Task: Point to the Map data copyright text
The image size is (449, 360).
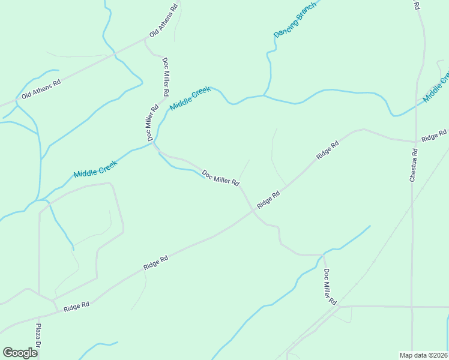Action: click(424, 355)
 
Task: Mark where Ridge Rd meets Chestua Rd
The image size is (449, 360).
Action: click(415, 142)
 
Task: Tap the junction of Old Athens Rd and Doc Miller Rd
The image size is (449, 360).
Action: click(146, 40)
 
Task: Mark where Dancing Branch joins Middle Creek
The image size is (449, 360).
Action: click(264, 95)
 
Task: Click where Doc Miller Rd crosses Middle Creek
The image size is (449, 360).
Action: click(154, 143)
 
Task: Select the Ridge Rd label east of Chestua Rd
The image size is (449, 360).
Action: click(434, 136)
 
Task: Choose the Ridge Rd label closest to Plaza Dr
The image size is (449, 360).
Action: click(76, 306)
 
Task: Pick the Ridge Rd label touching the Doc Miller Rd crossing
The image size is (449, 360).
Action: click(268, 200)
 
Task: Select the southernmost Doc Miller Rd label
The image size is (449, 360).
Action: click(330, 287)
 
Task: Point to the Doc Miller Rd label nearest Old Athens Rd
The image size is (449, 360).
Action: click(165, 76)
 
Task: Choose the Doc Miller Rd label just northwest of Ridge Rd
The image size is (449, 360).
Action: click(220, 178)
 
